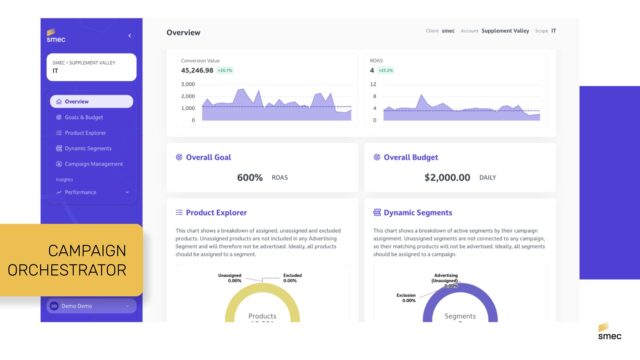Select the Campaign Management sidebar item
coord(93,163)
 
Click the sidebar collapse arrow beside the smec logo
coord(129,36)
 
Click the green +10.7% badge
coord(225,71)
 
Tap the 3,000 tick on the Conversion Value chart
coord(188,84)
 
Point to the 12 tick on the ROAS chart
coord(373,84)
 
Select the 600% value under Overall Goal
coord(249,177)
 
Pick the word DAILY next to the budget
coord(489,177)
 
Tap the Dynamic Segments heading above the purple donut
coord(418,212)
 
